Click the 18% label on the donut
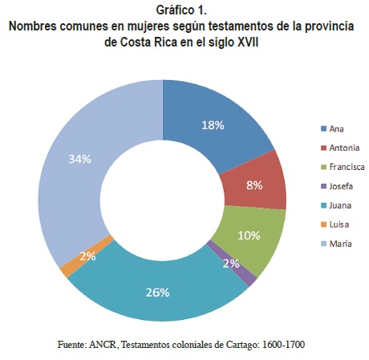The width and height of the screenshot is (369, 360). pyautogui.click(x=213, y=125)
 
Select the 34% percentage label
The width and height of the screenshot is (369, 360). pyautogui.click(x=80, y=159)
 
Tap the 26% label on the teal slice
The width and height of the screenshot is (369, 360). pyautogui.click(x=157, y=293)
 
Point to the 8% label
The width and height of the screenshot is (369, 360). pyautogui.click(x=254, y=185)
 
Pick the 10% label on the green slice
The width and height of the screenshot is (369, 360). pyautogui.click(x=249, y=236)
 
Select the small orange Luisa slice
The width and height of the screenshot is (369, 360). pyautogui.click(x=86, y=257)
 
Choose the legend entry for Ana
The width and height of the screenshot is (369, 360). pyautogui.click(x=332, y=129)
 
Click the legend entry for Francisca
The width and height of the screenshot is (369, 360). pyautogui.click(x=343, y=167)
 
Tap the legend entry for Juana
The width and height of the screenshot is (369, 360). pyautogui.click(x=336, y=205)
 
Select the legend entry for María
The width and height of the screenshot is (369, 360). pyautogui.click(x=336, y=244)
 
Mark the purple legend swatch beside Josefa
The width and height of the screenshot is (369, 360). pyautogui.click(x=324, y=186)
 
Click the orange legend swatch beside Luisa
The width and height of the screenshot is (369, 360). pyautogui.click(x=324, y=224)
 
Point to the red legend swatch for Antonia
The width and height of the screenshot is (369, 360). pyautogui.click(x=324, y=148)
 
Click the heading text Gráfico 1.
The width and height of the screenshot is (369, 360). pyautogui.click(x=181, y=10)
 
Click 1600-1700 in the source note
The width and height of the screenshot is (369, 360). pyautogui.click(x=284, y=345)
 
